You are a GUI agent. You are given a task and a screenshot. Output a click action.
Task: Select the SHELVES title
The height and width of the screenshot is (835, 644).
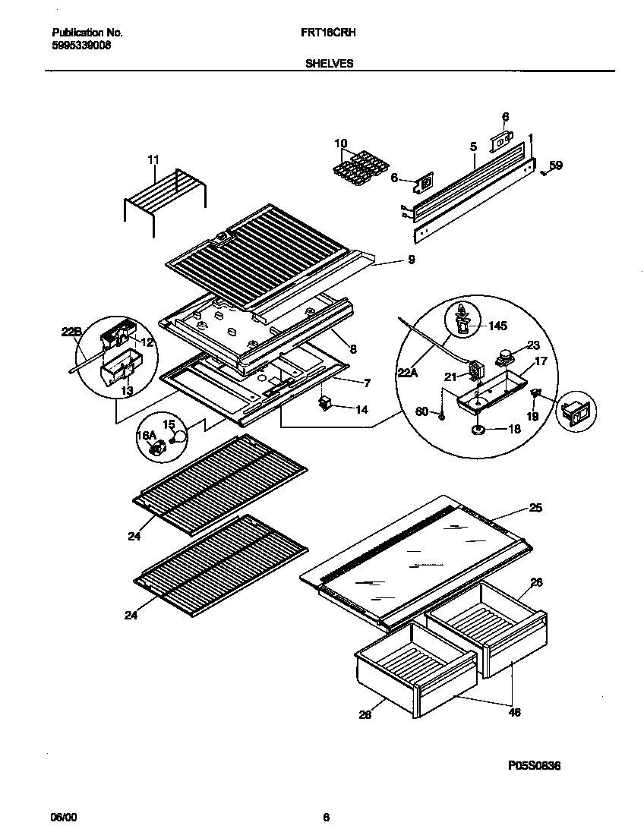(329, 65)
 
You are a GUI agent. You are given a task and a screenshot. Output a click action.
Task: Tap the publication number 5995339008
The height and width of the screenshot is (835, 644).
(81, 46)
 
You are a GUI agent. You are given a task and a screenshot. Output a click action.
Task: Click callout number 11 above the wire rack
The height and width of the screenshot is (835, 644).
(153, 159)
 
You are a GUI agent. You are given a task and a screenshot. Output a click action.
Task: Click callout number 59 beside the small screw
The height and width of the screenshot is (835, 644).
(556, 165)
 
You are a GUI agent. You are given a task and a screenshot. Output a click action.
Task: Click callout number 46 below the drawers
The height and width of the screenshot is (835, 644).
(515, 712)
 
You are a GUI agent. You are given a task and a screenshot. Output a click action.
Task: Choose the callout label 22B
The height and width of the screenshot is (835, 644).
(70, 331)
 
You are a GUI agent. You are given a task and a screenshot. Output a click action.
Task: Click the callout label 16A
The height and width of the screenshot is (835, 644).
(146, 436)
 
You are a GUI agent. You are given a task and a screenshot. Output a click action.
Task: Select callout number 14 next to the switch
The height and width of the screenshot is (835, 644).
(361, 410)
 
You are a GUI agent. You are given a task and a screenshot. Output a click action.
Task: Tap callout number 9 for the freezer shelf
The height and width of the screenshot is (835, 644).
(411, 260)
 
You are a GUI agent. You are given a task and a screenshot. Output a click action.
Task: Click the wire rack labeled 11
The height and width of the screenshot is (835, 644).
(165, 194)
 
